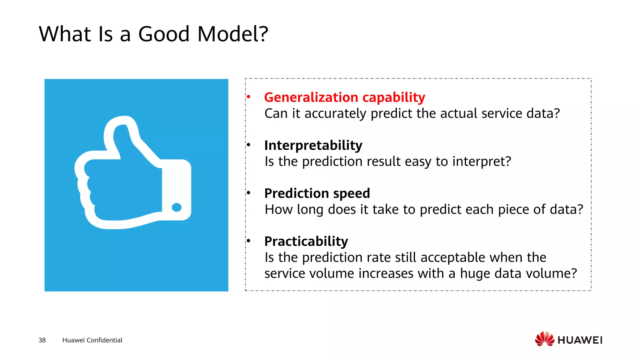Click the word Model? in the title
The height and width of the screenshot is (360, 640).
point(232,34)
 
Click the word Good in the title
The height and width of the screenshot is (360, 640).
point(164,34)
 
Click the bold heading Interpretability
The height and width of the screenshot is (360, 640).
point(313,145)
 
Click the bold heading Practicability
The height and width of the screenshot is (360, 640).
point(306,241)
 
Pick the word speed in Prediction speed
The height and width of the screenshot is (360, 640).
point(351,193)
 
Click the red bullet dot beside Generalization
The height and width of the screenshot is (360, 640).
point(248,97)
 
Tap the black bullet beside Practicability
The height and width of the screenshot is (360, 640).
point(248,241)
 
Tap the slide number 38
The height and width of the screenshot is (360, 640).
point(42,340)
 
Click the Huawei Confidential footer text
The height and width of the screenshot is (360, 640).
point(92,340)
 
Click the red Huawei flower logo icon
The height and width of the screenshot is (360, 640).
point(544,339)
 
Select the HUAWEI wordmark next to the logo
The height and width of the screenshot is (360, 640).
point(580,340)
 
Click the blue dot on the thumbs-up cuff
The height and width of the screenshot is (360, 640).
point(177,207)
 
